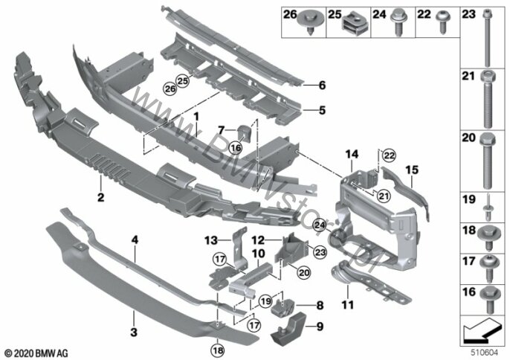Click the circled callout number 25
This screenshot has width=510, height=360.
point(183,81)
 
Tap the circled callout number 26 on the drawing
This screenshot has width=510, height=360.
point(170,89)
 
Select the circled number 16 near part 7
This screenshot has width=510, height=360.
point(236,148)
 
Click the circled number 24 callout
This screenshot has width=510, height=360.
point(320,225)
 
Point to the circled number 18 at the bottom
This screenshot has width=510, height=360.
point(217,350)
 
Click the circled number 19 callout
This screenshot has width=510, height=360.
point(266,301)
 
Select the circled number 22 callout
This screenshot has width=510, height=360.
point(389,155)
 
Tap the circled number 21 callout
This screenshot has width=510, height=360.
point(384,196)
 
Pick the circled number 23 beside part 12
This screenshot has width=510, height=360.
point(320,252)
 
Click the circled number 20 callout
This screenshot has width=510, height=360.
point(304,272)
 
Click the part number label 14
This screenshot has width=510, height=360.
point(352,154)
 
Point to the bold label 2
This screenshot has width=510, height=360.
point(101,197)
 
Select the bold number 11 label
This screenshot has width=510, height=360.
point(348,305)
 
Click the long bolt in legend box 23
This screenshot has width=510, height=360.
point(487,39)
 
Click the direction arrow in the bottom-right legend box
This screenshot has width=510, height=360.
point(482,331)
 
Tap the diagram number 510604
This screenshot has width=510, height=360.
point(485,353)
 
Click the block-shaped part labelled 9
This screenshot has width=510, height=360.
point(288,329)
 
